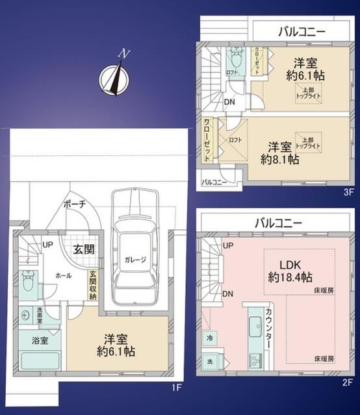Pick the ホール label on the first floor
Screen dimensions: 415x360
(x=63, y=275)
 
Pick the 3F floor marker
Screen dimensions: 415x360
(x=348, y=192)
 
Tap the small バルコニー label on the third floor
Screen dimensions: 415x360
(x=214, y=182)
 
